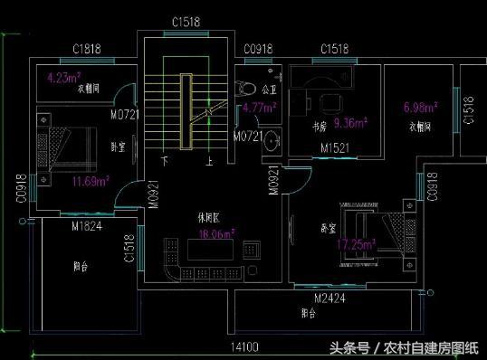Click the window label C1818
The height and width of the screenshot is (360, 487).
87,49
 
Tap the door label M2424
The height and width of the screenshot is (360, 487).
332,297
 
